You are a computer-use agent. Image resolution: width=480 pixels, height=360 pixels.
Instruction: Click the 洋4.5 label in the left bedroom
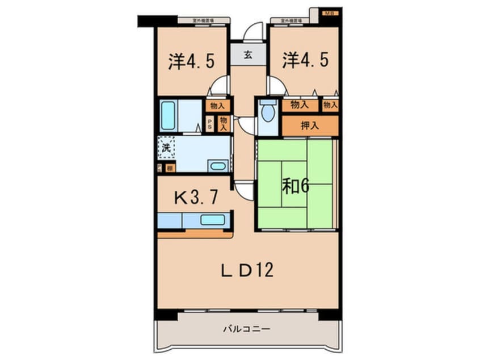[191, 61]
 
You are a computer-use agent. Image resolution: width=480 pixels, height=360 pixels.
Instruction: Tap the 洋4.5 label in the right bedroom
[305, 61]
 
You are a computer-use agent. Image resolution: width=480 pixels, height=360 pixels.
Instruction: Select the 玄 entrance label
[249, 55]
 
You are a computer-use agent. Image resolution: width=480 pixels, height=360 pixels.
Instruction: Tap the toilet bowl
[267, 113]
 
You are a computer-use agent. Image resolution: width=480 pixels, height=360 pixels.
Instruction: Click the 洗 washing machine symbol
[166, 147]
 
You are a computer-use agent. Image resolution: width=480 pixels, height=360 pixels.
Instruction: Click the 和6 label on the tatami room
[296, 187]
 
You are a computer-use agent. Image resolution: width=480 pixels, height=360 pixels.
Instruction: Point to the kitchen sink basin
[212, 220]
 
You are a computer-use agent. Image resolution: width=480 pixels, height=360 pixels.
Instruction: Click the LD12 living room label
[247, 269]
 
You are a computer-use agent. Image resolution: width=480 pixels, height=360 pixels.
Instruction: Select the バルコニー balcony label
[246, 329]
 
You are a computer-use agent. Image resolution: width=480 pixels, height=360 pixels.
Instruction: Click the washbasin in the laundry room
[217, 166]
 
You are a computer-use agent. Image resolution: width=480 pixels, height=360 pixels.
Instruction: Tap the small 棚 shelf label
[170, 168]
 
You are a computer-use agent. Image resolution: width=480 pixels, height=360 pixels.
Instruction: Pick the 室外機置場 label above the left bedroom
[203, 20]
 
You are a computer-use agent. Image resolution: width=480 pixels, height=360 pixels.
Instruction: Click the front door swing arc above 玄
[253, 31]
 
